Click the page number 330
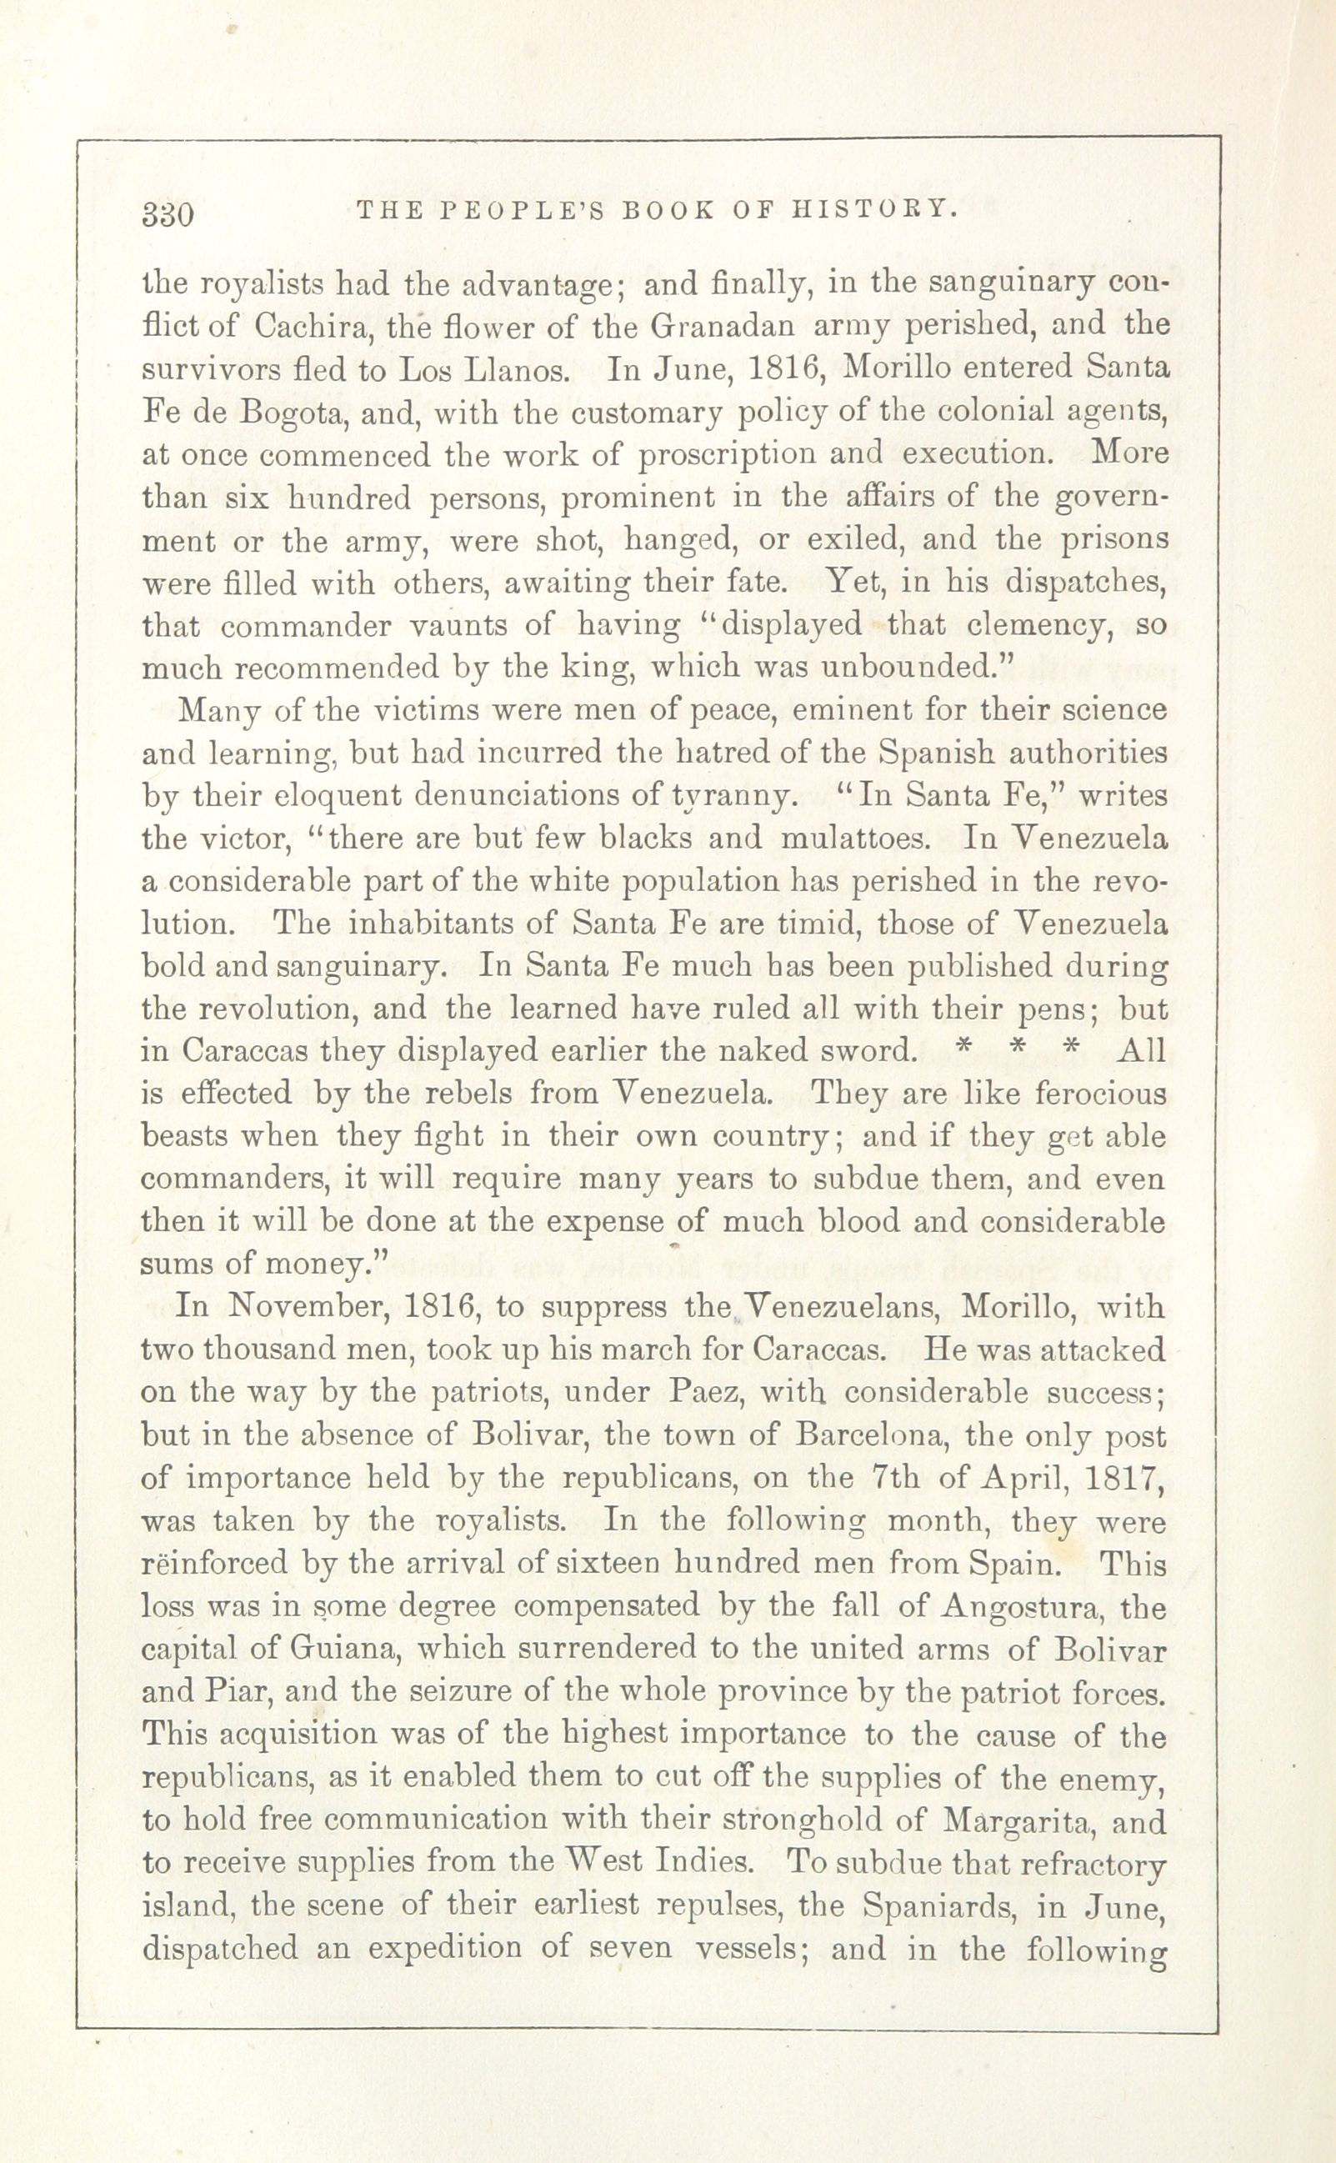[x=166, y=215]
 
